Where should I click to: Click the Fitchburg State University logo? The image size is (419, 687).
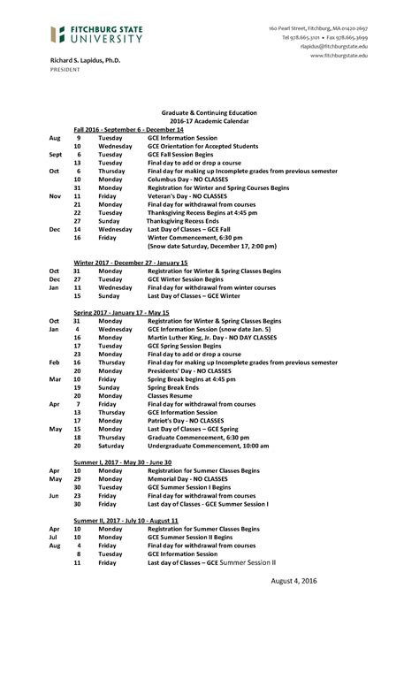click(96, 34)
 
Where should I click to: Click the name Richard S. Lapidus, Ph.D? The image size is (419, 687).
click(84, 59)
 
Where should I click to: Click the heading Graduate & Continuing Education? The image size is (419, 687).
click(209, 113)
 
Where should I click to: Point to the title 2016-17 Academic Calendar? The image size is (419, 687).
click(209, 121)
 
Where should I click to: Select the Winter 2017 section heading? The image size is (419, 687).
click(130, 263)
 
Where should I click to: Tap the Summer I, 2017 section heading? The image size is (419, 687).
click(122, 462)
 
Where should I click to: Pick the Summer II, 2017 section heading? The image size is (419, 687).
click(126, 520)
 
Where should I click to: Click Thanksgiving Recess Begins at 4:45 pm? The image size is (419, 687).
click(202, 212)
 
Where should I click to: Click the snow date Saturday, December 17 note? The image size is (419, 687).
click(212, 246)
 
